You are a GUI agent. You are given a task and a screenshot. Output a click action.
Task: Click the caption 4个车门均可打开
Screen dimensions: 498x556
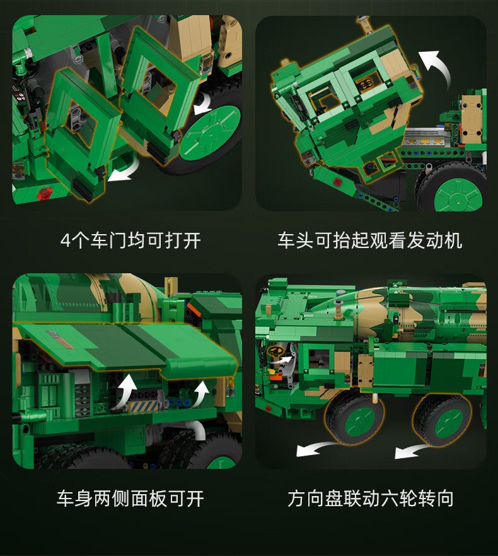(x=130, y=241)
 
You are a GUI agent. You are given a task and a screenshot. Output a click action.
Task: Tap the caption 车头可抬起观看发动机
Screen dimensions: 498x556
(x=370, y=241)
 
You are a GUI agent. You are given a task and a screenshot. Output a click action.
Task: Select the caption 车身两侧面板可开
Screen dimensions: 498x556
(x=130, y=499)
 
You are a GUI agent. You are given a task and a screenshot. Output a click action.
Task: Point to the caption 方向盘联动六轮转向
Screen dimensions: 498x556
(x=371, y=499)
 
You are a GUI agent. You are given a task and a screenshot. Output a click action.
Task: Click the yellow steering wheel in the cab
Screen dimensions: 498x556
(x=276, y=351)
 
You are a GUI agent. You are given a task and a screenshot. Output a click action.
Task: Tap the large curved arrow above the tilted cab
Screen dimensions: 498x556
(x=436, y=68)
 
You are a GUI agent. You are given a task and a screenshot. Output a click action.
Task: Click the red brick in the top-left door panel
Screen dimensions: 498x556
(x=45, y=194)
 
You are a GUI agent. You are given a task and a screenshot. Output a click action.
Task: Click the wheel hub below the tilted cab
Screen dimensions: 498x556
(x=458, y=196)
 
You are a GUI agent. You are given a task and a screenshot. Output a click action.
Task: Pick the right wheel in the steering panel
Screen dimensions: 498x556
(x=444, y=420)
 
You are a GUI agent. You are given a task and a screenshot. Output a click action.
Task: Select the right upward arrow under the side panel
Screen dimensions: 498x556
(x=201, y=393)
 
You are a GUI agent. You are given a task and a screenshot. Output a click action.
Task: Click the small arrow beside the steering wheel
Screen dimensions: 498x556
(x=286, y=360)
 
